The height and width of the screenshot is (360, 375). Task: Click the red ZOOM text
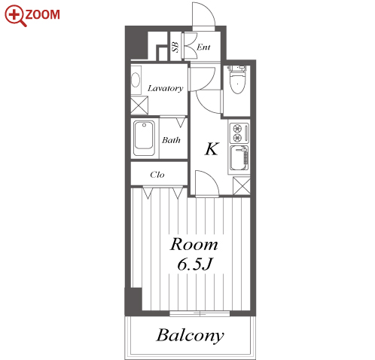(x=43, y=14)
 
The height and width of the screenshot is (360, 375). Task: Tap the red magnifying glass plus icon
(x=15, y=16)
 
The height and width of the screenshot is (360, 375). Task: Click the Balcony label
(x=190, y=336)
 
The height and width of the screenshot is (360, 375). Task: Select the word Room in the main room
(x=194, y=244)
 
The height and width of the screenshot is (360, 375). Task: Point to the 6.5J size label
(x=195, y=264)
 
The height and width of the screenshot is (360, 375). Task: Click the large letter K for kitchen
(x=212, y=149)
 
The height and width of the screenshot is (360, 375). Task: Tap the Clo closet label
(x=157, y=175)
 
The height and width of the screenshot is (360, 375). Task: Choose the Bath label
(x=171, y=140)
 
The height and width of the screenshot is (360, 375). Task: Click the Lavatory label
(x=166, y=88)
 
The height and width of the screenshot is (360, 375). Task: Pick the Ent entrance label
(x=203, y=47)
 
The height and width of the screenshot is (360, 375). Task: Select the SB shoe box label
(x=176, y=47)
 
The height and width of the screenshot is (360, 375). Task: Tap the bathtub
(x=144, y=139)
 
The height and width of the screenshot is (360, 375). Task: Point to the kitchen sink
(x=239, y=158)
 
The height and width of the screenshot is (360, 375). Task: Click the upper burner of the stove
(x=237, y=129)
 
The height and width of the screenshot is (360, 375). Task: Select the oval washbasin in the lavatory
(x=136, y=80)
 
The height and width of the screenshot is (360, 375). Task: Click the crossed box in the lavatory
(x=139, y=105)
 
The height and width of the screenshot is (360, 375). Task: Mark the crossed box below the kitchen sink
(x=242, y=186)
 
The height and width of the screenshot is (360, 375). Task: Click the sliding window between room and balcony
(x=200, y=314)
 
